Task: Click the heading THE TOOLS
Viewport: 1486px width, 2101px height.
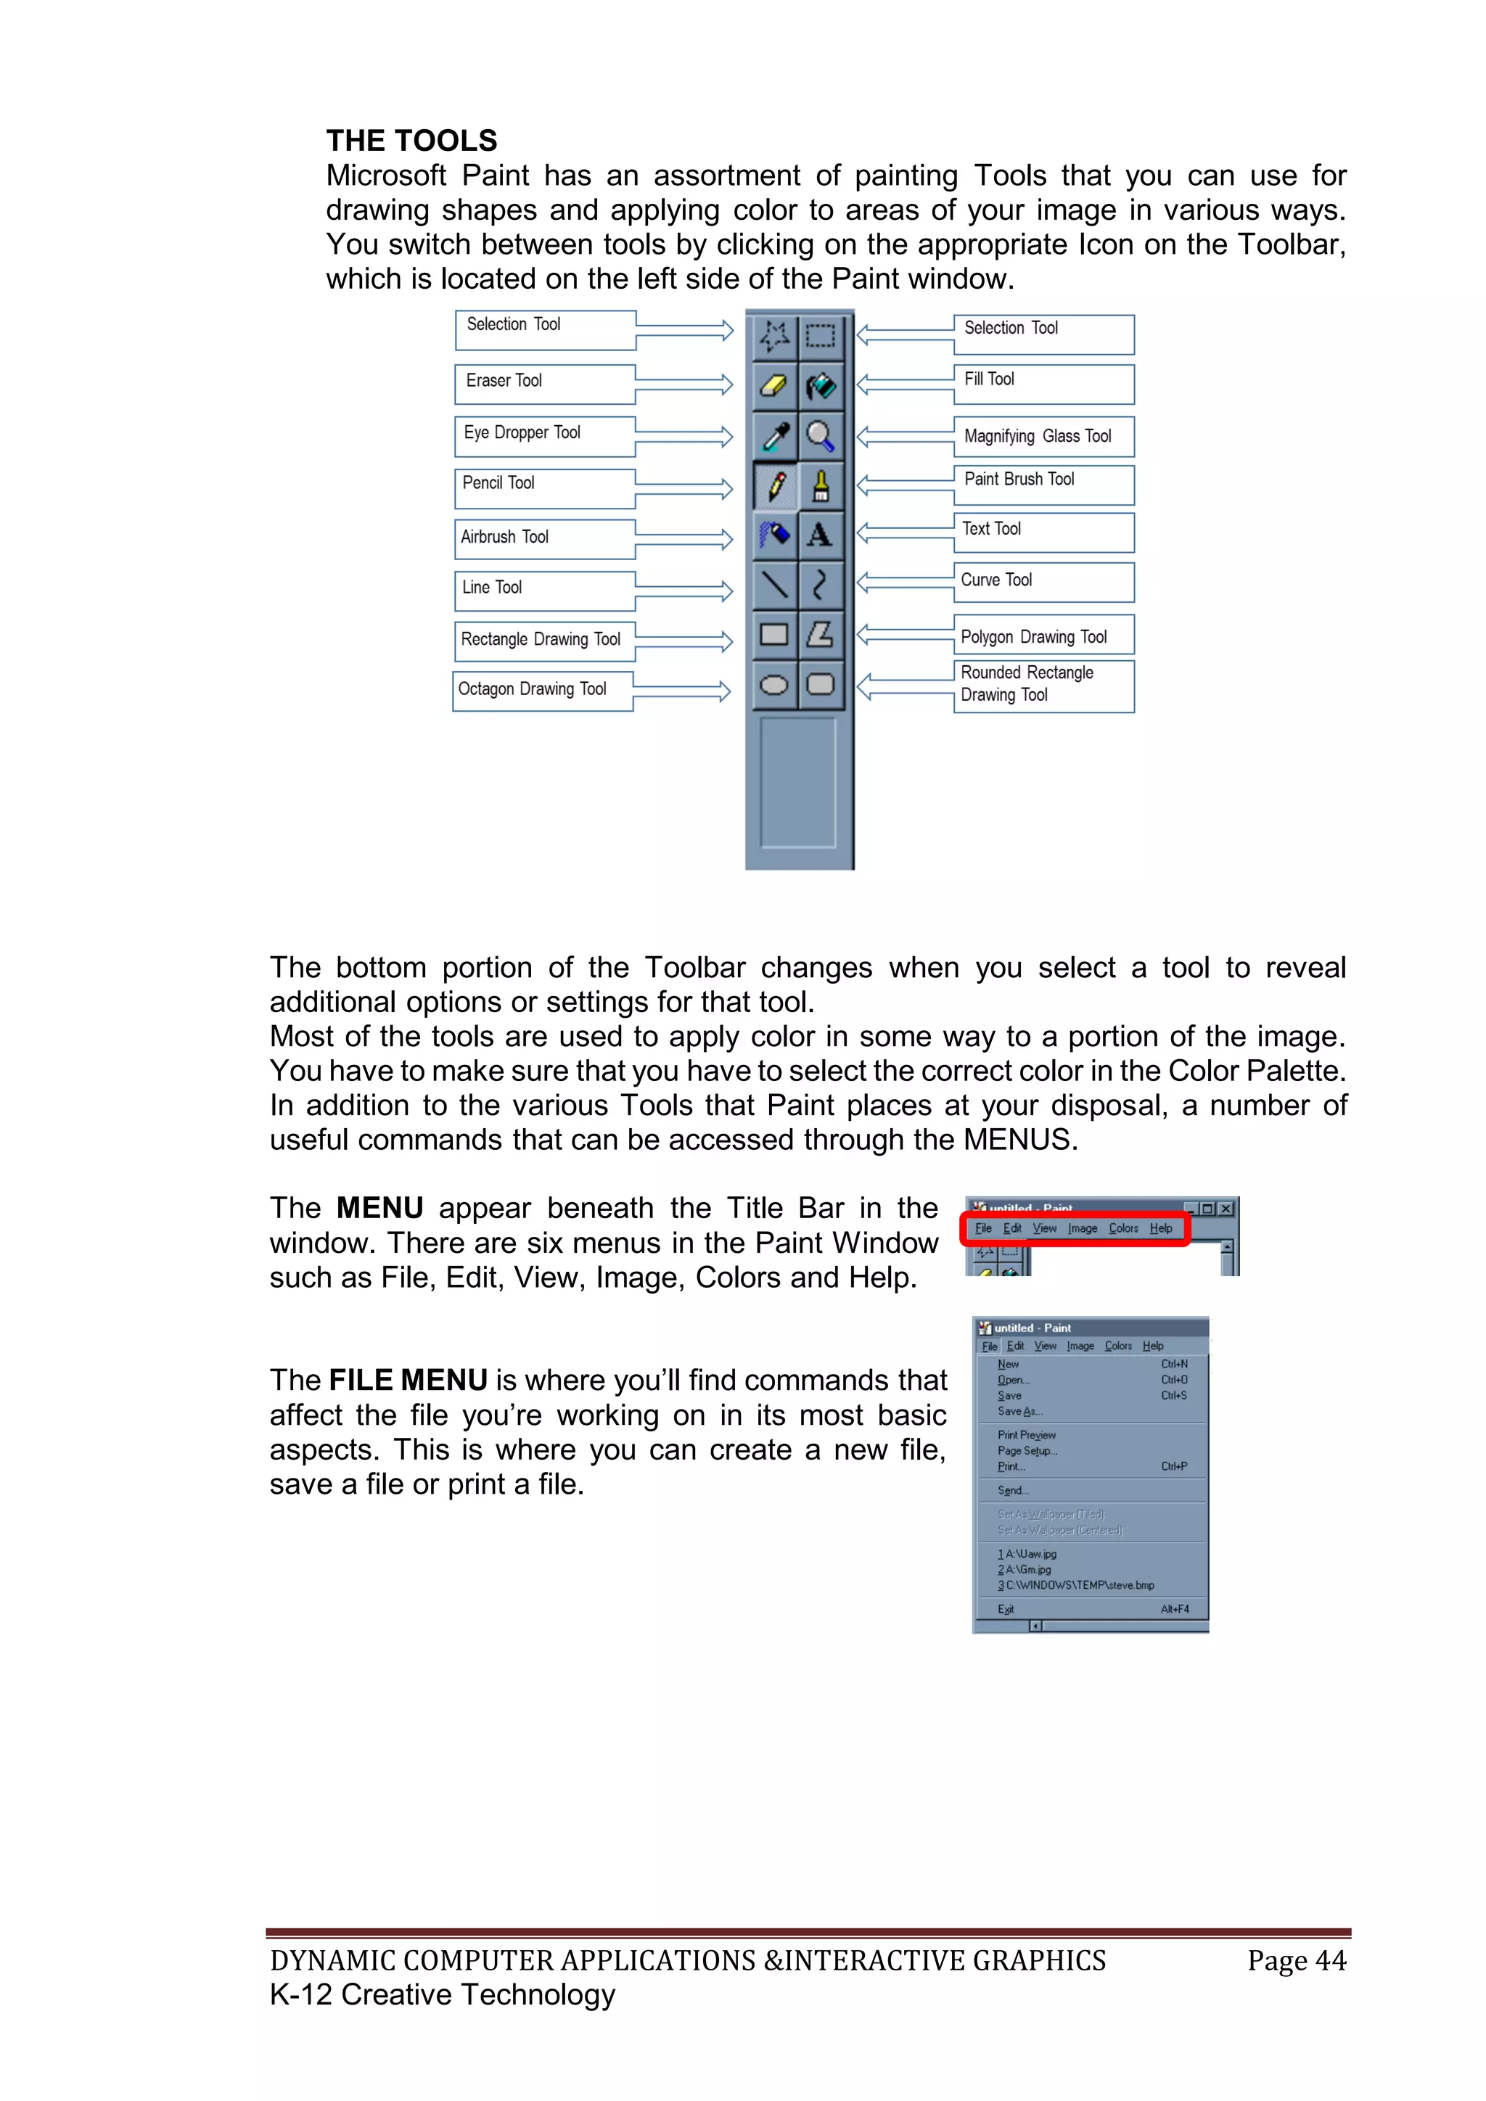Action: click(411, 140)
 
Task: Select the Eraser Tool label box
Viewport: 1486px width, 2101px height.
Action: click(543, 383)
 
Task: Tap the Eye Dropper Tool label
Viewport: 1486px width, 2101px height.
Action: click(543, 435)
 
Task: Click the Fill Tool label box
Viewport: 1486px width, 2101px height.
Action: click(1043, 383)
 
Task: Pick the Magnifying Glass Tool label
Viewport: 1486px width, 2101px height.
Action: click(1043, 437)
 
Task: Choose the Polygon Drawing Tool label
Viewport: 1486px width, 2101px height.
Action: click(1043, 636)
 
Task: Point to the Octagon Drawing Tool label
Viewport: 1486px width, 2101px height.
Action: click(542, 690)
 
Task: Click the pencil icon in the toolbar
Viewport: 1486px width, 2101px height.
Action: click(775, 485)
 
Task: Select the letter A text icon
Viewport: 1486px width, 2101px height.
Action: click(820, 535)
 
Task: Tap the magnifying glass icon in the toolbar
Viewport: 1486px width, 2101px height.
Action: click(820, 435)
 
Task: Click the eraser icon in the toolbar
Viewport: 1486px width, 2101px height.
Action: click(775, 385)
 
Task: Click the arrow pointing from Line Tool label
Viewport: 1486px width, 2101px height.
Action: click(684, 592)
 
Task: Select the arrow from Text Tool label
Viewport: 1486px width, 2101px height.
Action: click(906, 533)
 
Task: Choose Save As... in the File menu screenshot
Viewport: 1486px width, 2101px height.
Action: click(1019, 1411)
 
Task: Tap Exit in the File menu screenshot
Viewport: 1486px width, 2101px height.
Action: click(1006, 1608)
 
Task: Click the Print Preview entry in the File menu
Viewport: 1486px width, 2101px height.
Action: click(1026, 1435)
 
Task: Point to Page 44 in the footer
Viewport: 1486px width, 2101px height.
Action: click(1296, 1960)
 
